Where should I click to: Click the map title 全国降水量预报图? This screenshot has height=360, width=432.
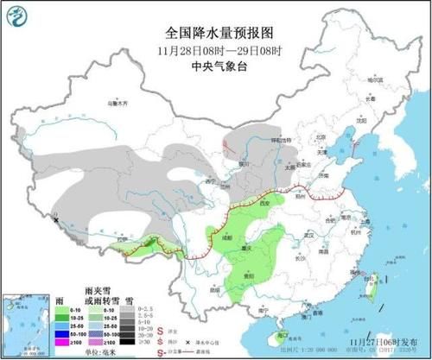point(215,31)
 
